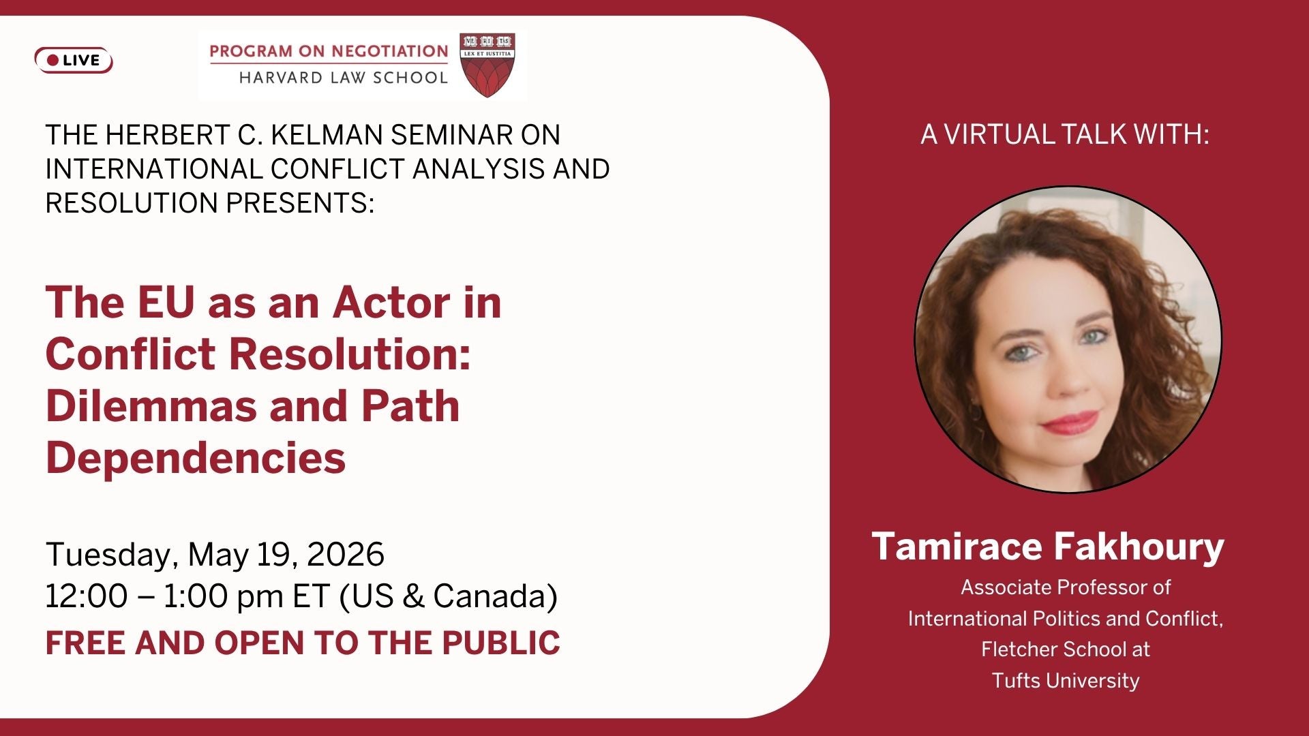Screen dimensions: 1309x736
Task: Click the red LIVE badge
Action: pos(74,60)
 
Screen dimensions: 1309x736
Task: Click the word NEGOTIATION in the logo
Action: pos(390,51)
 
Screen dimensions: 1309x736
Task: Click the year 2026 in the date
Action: pos(346,554)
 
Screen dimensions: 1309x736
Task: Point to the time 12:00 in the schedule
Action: pos(87,596)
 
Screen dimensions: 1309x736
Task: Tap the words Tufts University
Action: pos(1066,680)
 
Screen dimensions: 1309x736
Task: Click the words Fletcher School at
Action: pos(1066,649)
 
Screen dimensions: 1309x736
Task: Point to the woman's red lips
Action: pos(1070,422)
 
